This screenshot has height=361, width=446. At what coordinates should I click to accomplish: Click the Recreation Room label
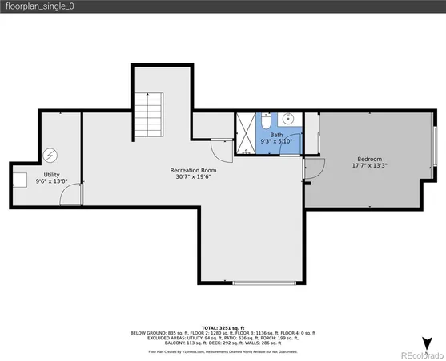(x=192, y=170)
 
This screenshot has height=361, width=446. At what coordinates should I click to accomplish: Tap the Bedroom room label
(x=369, y=159)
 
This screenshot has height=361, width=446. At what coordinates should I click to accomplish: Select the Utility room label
(x=51, y=174)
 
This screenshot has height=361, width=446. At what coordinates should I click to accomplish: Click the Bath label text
(x=276, y=135)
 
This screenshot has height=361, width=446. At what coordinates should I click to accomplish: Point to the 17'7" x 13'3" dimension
(x=369, y=166)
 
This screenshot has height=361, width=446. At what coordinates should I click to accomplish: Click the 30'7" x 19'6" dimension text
(x=192, y=177)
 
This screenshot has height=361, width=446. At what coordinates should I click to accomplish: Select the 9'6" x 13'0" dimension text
(x=51, y=181)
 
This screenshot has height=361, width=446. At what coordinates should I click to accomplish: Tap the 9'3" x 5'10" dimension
(x=276, y=141)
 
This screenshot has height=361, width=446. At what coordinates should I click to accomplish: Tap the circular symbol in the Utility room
(x=51, y=155)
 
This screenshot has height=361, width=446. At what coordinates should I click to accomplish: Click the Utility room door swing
(x=73, y=193)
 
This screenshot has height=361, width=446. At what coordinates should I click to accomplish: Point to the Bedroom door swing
(x=315, y=168)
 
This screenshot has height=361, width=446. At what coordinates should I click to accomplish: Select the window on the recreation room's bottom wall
(x=267, y=283)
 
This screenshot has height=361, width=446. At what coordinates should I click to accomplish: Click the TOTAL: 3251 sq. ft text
(x=223, y=329)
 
